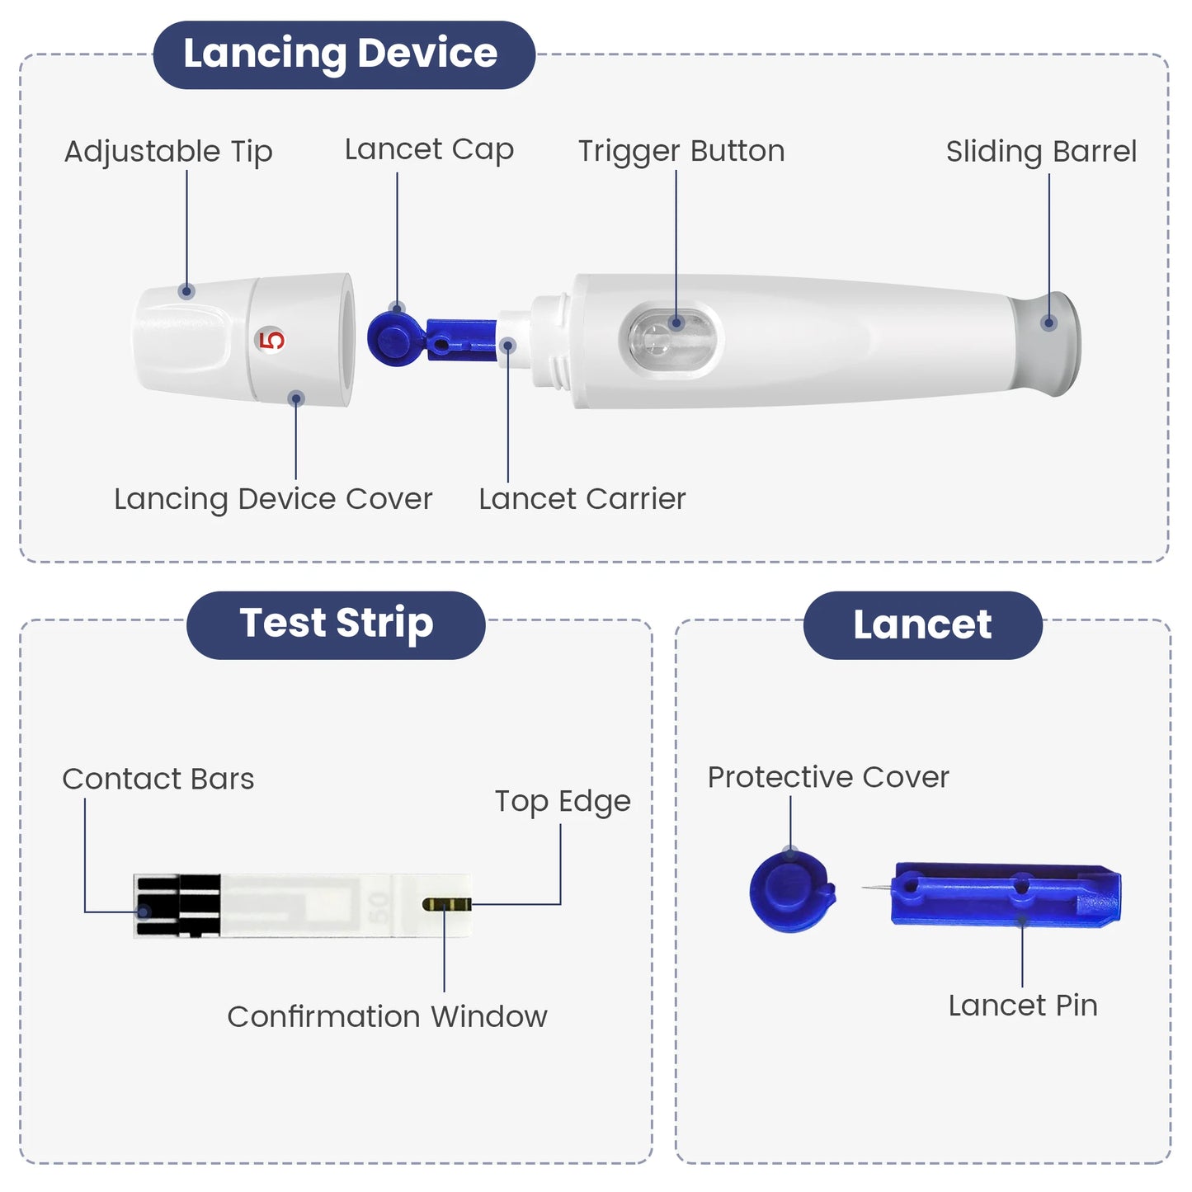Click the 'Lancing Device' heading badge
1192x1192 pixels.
tap(344, 54)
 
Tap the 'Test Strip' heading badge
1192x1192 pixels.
tap(336, 624)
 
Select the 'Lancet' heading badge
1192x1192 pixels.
tap(922, 624)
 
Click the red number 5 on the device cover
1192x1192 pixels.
tap(271, 340)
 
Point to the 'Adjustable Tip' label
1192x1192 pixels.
tap(168, 152)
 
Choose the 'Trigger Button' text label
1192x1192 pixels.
tap(681, 151)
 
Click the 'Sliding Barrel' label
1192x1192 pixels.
tap(1041, 152)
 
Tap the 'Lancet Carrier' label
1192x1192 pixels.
tap(582, 498)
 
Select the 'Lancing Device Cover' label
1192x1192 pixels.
tap(273, 499)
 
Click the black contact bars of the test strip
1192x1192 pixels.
tap(177, 906)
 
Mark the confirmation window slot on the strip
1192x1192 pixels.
tap(446, 904)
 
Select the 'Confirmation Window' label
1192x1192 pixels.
tap(387, 1016)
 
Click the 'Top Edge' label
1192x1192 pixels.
tap(563, 802)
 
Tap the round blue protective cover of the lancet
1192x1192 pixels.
tap(791, 892)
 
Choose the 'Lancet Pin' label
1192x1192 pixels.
tap(1023, 1006)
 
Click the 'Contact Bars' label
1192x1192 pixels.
tap(158, 779)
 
